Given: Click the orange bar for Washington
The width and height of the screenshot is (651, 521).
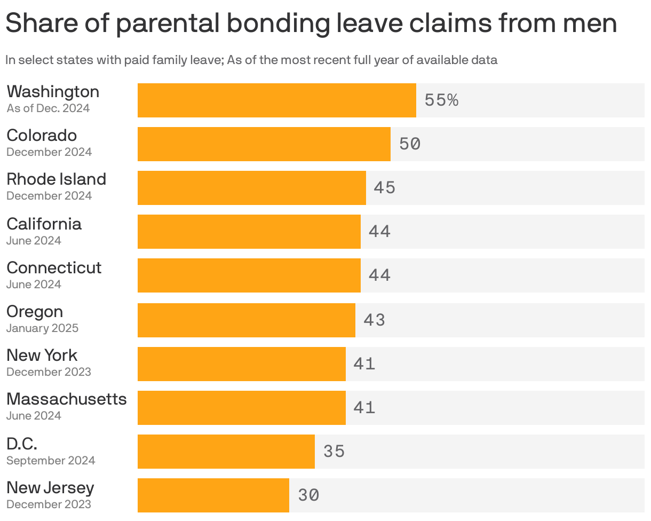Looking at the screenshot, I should (x=276, y=100).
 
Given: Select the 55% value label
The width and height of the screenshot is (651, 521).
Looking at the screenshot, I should (x=441, y=100).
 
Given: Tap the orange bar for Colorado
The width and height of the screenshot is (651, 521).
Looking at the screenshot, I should (x=264, y=144).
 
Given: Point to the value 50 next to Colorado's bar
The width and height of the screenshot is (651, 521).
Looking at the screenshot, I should (x=410, y=144).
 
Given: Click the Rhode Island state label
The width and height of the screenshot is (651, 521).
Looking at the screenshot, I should (x=56, y=179).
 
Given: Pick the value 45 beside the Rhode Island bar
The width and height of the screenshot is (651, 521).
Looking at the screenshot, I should (x=384, y=188).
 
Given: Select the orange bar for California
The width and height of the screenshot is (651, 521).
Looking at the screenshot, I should (x=249, y=232).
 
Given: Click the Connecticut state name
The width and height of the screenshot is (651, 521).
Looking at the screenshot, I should (x=54, y=267).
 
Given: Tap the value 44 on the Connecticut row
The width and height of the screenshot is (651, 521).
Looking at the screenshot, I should (x=379, y=275).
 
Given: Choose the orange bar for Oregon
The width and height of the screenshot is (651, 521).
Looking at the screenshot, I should (x=246, y=320).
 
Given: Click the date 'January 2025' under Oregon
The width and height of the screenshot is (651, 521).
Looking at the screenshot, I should (x=42, y=328).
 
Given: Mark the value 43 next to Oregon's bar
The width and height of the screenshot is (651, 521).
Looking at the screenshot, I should (x=374, y=320).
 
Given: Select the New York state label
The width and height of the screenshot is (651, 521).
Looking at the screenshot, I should (x=42, y=355).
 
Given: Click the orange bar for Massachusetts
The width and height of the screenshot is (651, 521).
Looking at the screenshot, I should (x=241, y=408).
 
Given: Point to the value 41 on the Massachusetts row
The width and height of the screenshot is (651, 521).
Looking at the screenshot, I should (x=364, y=408).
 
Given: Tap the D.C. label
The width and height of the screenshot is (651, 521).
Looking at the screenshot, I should (x=22, y=444).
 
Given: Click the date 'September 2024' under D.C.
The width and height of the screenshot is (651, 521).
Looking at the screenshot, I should (x=51, y=460).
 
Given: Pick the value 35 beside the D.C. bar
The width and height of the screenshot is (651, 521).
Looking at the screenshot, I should (x=334, y=452).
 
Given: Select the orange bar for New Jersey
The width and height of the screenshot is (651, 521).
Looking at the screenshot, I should (x=213, y=495).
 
